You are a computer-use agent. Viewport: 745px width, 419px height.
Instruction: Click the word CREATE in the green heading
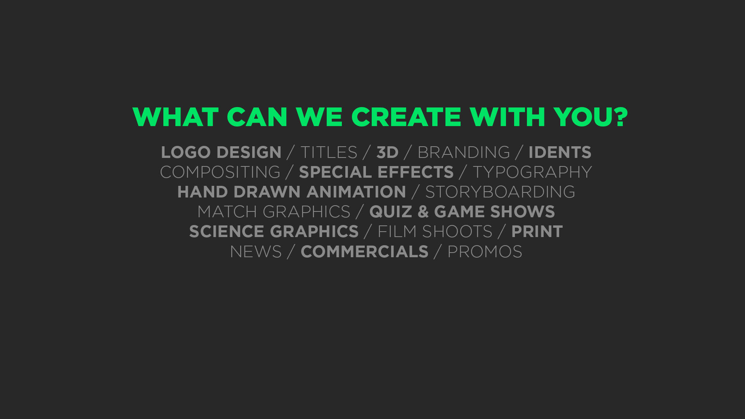pos(406,117)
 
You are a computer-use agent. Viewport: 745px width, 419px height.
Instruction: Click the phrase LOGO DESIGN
pos(221,152)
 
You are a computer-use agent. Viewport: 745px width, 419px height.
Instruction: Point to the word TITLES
pos(329,152)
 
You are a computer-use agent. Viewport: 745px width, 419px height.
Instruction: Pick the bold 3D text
pos(388,152)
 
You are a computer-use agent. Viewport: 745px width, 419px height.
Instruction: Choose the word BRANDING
pos(464,152)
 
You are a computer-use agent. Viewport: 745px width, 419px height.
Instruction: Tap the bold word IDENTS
pos(560,152)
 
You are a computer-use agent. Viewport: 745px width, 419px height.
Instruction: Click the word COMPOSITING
pos(220,172)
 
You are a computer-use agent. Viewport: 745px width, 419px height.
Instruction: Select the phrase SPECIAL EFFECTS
pos(376,172)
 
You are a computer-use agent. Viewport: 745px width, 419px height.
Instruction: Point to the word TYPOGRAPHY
pos(532,172)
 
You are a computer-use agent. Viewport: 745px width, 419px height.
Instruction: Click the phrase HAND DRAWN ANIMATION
pos(292,192)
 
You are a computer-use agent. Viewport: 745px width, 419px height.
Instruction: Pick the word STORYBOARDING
pos(500,192)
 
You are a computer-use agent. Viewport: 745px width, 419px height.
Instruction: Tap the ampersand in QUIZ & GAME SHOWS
pos(423,212)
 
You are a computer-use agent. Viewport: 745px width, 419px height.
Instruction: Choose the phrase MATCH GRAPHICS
pos(274,212)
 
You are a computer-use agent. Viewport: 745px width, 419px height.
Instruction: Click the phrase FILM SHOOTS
pos(435,232)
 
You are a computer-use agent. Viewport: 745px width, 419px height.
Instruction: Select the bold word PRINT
pos(537,232)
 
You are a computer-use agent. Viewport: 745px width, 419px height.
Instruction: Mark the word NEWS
pos(256,252)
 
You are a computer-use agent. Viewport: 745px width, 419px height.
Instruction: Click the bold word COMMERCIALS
pos(365,252)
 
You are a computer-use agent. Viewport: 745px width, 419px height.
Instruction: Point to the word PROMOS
pos(485,252)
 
